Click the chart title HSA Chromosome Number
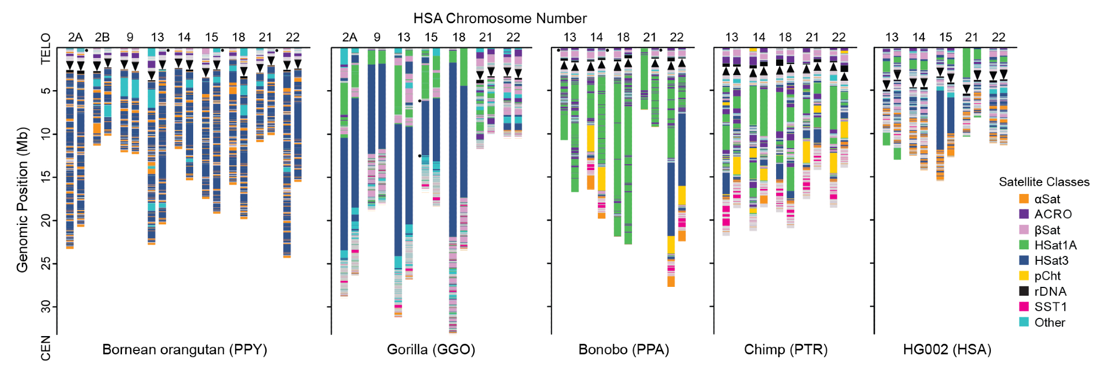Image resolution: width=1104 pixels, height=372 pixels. click(500, 18)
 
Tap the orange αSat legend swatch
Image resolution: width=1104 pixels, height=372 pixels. click(1024, 199)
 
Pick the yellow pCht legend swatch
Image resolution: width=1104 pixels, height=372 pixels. click(1024, 276)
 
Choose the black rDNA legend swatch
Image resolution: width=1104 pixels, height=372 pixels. click(1024, 291)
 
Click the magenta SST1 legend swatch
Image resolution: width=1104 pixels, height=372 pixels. click(1024, 307)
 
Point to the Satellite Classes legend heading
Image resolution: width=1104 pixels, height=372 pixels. click(1044, 182)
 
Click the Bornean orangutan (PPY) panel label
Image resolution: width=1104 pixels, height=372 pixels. click(184, 349)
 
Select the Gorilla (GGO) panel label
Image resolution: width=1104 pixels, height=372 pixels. click(431, 349)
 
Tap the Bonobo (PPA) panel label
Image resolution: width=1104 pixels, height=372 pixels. click(623, 349)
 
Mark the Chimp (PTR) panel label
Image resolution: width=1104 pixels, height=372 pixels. click(785, 349)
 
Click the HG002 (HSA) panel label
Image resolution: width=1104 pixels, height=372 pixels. click(947, 349)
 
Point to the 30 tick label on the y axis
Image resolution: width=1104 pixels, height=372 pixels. click(45, 306)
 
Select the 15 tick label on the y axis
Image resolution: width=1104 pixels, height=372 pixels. click(45, 176)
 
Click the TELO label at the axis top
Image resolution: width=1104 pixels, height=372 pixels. click(46, 49)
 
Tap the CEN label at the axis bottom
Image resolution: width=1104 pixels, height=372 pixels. click(46, 348)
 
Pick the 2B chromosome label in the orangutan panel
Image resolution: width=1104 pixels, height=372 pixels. click(102, 37)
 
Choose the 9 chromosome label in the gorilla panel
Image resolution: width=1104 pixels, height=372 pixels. click(377, 37)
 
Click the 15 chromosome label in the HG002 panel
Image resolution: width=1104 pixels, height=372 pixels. click(946, 37)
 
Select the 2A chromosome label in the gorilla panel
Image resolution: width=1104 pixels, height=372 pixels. click(349, 37)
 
